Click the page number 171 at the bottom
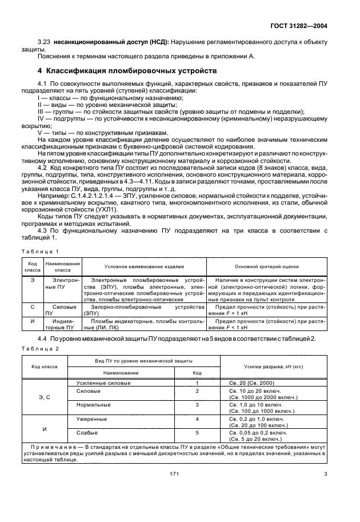pyautogui.click(x=175, y=473)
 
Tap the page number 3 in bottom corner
pyautogui.click(x=325, y=473)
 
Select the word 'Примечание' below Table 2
pyautogui.click(x=52, y=445)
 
